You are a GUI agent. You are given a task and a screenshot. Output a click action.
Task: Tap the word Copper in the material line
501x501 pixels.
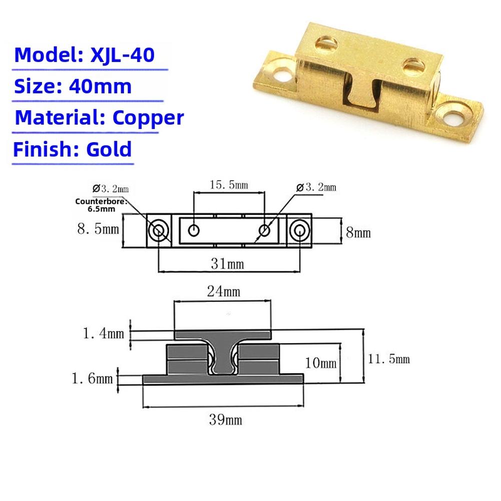(x=148, y=118)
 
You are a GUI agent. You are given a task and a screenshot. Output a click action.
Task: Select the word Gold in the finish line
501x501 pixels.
(x=109, y=149)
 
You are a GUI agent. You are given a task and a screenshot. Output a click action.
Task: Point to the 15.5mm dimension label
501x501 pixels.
(x=228, y=185)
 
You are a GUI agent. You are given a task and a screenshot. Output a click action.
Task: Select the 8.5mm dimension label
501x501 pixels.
(x=98, y=229)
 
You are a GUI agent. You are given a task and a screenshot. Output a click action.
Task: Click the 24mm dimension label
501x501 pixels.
(x=224, y=291)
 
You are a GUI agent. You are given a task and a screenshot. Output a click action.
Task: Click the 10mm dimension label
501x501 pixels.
(x=320, y=362)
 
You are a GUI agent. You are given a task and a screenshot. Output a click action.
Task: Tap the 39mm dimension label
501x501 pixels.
(x=225, y=419)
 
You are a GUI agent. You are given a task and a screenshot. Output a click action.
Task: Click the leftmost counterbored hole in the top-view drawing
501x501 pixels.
(x=159, y=231)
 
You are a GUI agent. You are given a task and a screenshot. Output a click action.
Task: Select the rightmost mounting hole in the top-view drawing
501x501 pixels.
(x=300, y=231)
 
